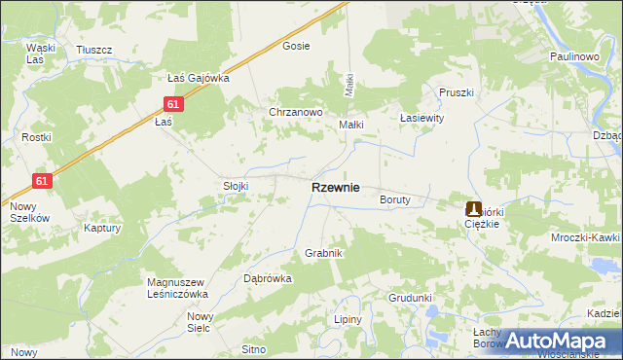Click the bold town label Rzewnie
tap(335, 188)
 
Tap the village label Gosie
tap(296, 46)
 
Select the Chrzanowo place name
tap(296, 112)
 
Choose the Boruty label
tap(396, 199)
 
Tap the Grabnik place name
tap(324, 253)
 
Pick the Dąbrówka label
tap(267, 278)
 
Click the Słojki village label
tap(237, 186)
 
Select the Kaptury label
tap(102, 229)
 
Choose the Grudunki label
tap(410, 298)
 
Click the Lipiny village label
tap(348, 319)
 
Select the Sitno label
tap(254, 348)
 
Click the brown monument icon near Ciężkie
tap(474, 208)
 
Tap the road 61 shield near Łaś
tap(172, 104)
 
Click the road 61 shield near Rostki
tap(42, 181)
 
